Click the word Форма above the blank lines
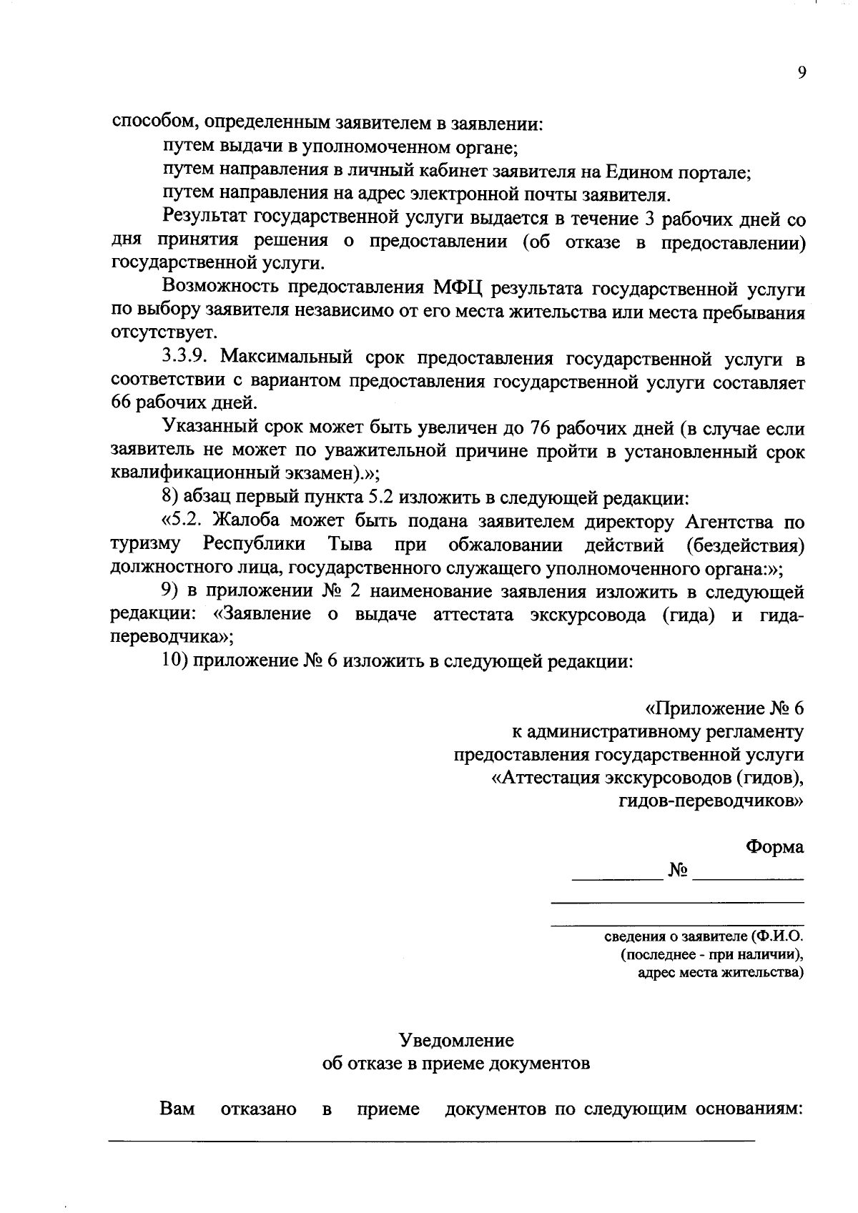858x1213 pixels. point(774,846)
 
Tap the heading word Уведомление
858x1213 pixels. point(457,1039)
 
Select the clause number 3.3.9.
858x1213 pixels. point(187,358)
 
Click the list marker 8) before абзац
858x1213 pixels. point(172,497)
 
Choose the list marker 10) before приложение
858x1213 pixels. point(174,660)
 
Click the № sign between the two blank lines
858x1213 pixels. point(678,870)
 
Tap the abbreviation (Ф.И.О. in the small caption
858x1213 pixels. point(777,936)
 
